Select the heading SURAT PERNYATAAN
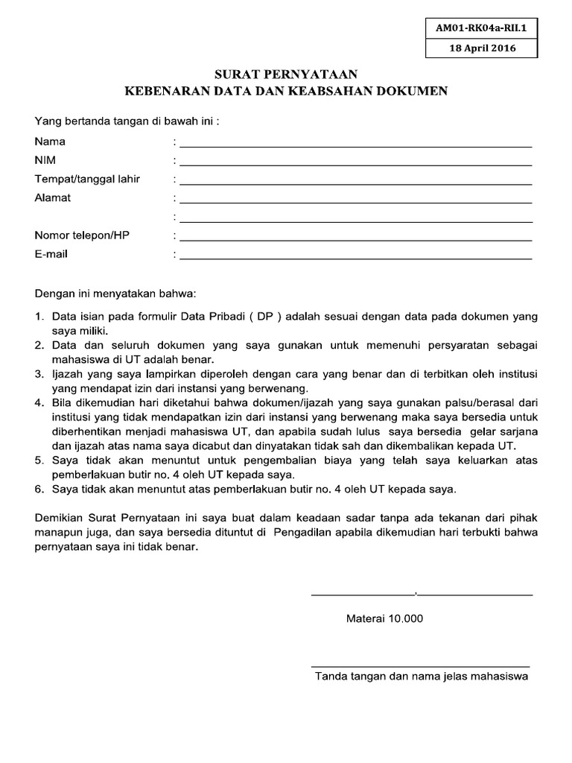coord(287,75)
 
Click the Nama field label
coord(50,142)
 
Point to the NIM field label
coord(45,160)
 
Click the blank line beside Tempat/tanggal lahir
coord(355,183)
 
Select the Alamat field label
coord(53,198)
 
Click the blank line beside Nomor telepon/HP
coord(355,240)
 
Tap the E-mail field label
coord(51,254)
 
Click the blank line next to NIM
coord(355,165)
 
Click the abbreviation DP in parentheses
coord(264,317)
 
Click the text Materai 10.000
coord(384,618)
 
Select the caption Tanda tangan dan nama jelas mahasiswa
coord(421,677)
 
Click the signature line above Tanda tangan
coord(420,665)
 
